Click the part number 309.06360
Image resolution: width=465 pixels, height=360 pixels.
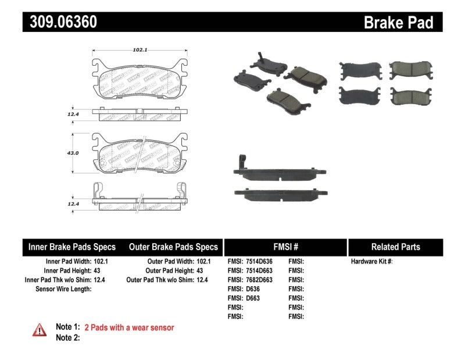60,22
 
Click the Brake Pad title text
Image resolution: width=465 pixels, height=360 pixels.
398,22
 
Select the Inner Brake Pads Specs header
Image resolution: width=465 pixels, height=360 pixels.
72,247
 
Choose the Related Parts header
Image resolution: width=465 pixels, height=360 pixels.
395,247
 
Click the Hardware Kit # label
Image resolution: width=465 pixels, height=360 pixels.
371,262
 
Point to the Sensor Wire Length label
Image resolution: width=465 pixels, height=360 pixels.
63,289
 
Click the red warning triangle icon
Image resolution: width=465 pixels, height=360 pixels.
40,330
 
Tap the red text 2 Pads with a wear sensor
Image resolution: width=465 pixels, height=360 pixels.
129,328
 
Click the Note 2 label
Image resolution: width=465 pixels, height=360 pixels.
67,338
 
